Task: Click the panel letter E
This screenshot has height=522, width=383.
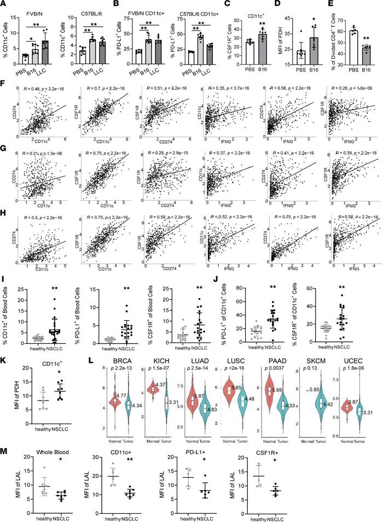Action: click(330, 5)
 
